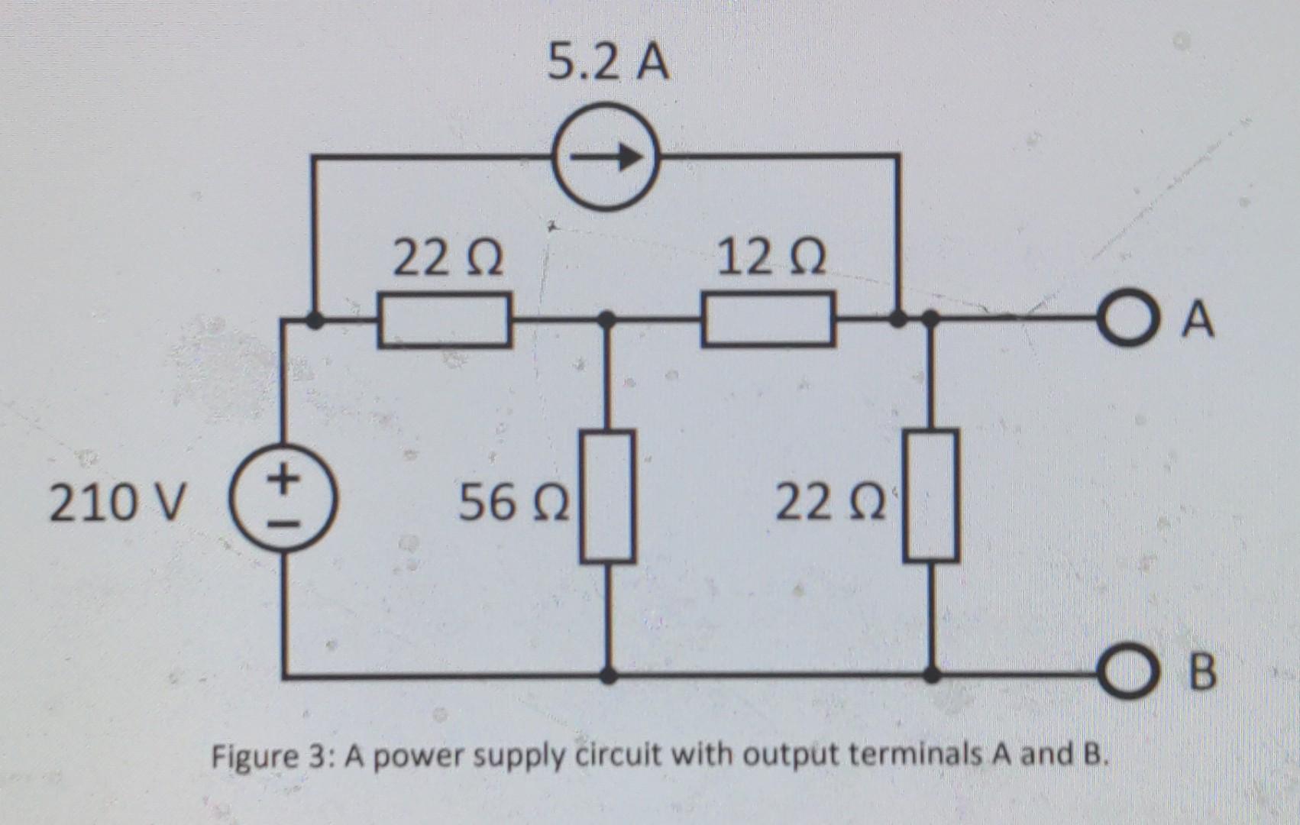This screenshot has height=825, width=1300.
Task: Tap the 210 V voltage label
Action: (x=117, y=503)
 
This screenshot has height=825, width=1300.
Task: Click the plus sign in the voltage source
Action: (x=284, y=480)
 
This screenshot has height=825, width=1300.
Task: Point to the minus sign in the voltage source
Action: (x=283, y=525)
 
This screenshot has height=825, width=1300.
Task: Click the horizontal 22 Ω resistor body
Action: (x=444, y=320)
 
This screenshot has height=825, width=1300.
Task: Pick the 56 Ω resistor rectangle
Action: (x=607, y=496)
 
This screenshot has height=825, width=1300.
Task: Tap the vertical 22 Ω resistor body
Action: (x=931, y=496)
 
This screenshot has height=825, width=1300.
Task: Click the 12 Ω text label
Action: (x=771, y=259)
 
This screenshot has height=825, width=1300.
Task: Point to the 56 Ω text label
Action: (x=513, y=503)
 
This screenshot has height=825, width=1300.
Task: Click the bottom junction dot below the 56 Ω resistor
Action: (x=608, y=675)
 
